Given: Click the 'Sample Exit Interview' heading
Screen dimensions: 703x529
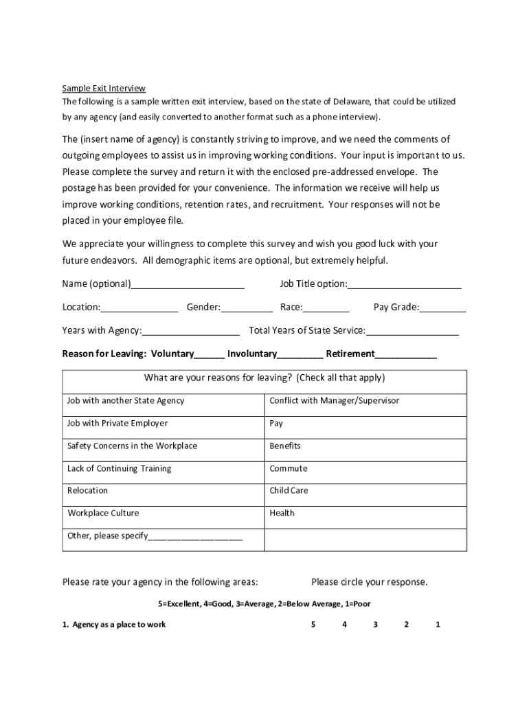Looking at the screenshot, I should (x=104, y=88).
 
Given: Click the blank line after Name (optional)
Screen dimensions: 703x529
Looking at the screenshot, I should (x=188, y=285).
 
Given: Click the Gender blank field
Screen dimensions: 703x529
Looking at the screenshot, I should (x=247, y=308).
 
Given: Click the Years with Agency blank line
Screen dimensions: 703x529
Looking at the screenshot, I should (x=190, y=332).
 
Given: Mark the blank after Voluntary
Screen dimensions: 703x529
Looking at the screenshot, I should (x=210, y=355).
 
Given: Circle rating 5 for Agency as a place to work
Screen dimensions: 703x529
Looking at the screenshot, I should (x=313, y=625).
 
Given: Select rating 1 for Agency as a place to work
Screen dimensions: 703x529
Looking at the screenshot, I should (x=438, y=625).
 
